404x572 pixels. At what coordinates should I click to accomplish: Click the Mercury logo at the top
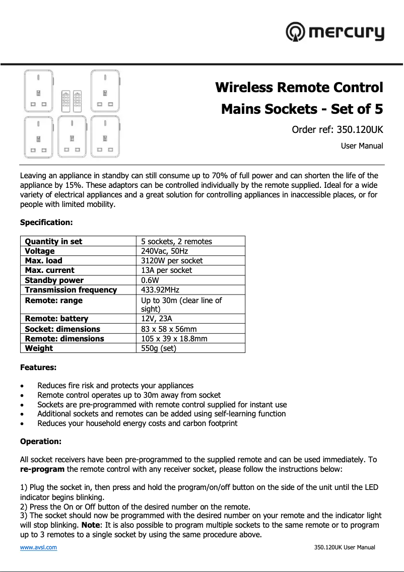pos(335,32)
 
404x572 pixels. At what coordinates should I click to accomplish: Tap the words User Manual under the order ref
pos(362,146)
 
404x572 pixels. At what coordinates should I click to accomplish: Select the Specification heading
pos(46,222)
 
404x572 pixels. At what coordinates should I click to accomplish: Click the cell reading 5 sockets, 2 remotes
pos(176,241)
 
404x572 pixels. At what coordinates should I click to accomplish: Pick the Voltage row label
pos(40,251)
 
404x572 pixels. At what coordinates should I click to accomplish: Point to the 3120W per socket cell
pos(172,260)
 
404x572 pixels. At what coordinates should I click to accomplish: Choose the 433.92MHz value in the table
pos(160,290)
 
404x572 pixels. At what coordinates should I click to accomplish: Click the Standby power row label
pos(54,280)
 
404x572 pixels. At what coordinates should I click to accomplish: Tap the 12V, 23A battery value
pos(156,318)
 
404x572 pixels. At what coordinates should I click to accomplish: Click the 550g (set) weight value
pos(159,348)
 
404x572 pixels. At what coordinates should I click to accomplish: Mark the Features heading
pos(38,368)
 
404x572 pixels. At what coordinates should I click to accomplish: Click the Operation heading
pos(41,442)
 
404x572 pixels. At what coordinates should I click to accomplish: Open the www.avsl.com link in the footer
pos(38,547)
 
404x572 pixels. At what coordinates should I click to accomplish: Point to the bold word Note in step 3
pos(89,525)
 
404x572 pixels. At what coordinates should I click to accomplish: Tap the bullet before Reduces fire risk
pos(23,386)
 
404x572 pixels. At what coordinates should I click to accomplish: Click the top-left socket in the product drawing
pos(38,91)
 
